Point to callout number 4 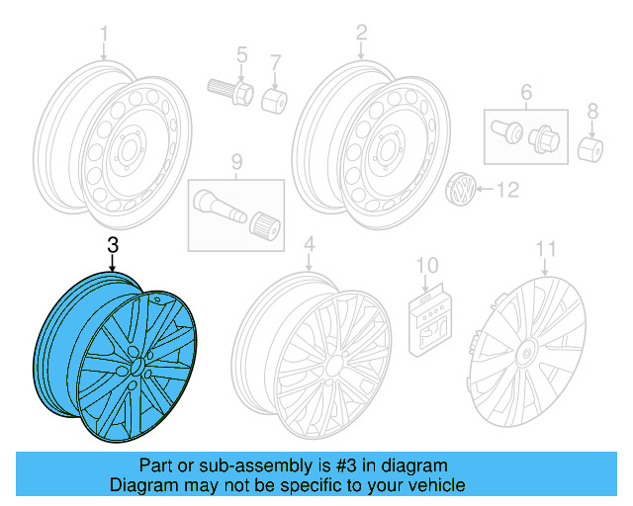tap(309, 244)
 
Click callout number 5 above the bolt tap(240, 53)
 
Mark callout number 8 tap(592, 110)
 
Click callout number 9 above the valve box tap(236, 161)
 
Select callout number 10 tap(426, 264)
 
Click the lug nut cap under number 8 tap(591, 150)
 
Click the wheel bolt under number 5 tap(230, 91)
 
